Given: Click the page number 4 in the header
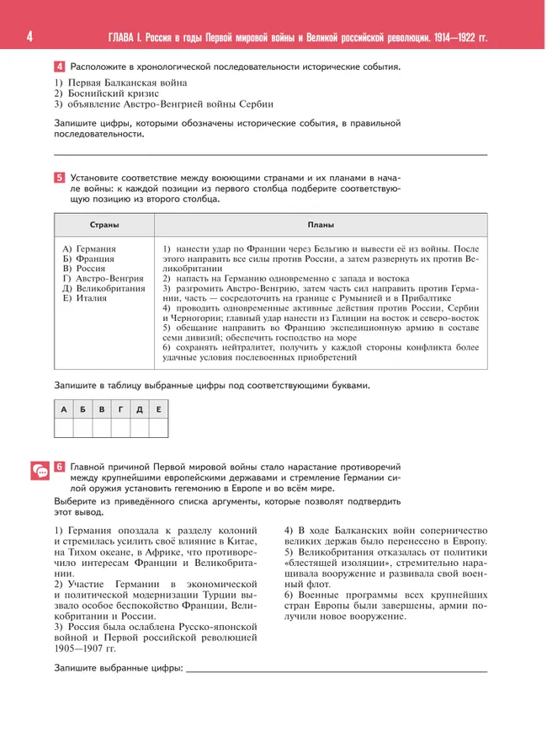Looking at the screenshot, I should point(29,37).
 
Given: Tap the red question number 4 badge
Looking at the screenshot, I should point(60,66).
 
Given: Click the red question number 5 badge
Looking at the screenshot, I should point(60,177).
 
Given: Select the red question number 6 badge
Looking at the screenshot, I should point(60,466).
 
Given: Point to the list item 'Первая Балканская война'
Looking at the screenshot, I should point(120,83).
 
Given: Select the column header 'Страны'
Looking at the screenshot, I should point(104,225).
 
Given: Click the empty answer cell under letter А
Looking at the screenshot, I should point(64,428).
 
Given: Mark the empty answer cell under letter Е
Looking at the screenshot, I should point(158,428).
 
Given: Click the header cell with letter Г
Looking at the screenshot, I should point(120,409).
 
